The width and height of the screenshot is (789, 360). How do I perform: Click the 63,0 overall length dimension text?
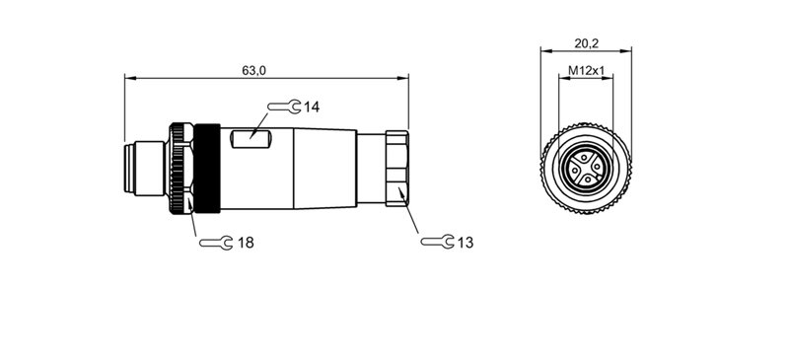(253, 69)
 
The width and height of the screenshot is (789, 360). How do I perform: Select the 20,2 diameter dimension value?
(587, 42)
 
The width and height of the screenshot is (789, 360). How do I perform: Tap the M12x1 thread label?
(586, 71)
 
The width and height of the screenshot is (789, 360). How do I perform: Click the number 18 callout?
(246, 242)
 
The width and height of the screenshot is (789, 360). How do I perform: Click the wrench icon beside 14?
(284, 107)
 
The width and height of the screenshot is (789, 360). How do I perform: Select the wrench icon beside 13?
(436, 242)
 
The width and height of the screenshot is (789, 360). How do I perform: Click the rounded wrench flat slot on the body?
(249, 141)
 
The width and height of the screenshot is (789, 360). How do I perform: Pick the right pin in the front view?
(597, 165)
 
